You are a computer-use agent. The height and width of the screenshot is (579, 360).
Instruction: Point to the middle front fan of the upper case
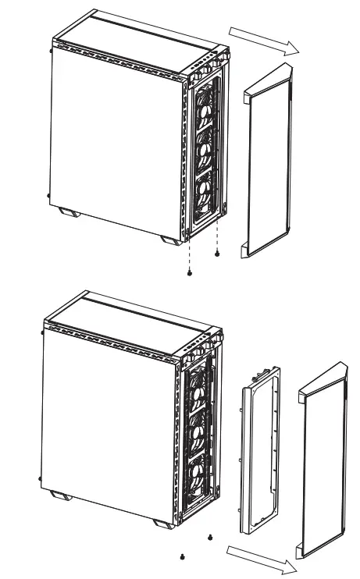point(206,148)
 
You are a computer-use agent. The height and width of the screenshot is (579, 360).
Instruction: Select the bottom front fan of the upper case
point(205,194)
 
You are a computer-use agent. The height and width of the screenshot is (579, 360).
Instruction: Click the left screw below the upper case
point(190,272)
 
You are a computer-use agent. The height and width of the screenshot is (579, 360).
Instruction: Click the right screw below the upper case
point(217,254)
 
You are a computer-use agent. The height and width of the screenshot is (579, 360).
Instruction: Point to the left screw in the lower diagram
point(182,556)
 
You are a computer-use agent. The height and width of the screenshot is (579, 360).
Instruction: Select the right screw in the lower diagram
point(209,537)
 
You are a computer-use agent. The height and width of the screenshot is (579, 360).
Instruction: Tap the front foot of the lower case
point(162,523)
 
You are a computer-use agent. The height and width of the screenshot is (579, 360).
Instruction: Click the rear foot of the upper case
point(66,211)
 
